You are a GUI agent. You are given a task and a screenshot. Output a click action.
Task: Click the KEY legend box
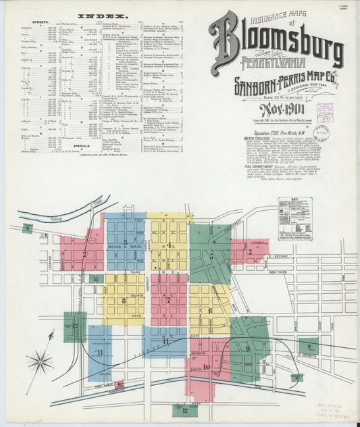295,219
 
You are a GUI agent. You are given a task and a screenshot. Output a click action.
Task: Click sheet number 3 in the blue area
125,242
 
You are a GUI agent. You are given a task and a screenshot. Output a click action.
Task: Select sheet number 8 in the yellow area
124,300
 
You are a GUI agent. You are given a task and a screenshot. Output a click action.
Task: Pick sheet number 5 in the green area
211,257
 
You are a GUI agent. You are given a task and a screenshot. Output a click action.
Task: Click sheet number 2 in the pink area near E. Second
250,251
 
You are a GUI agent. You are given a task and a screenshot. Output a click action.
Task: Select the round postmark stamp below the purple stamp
322,132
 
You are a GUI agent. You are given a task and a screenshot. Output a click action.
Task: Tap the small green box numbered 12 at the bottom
184,409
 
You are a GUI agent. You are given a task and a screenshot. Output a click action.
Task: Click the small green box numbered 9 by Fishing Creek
28,228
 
